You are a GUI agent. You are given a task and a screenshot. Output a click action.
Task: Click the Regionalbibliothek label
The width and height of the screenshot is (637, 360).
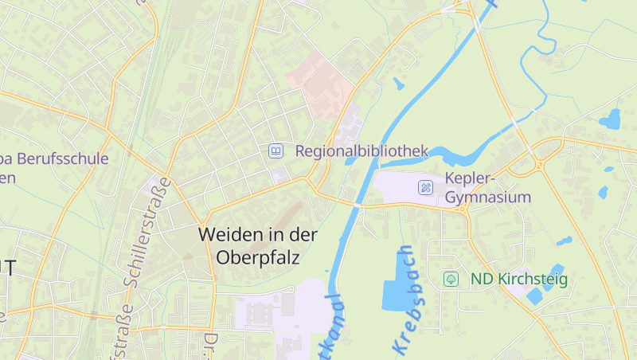[x=361, y=151]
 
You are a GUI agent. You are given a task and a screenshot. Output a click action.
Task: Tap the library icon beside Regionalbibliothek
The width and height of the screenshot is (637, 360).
[x=276, y=151]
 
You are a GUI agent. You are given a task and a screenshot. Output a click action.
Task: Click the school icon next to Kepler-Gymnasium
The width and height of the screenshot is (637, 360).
[x=426, y=188]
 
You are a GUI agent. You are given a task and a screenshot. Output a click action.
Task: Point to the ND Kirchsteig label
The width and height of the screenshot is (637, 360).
[x=518, y=279]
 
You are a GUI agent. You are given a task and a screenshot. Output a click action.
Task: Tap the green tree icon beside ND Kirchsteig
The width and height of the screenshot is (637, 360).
[x=451, y=279]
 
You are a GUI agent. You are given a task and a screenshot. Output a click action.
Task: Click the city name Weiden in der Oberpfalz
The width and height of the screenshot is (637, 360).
[x=258, y=246]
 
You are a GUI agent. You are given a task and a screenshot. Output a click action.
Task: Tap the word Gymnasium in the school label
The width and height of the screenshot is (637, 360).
[x=488, y=197]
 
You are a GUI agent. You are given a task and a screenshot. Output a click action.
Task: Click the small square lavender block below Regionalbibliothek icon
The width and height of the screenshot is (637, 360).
[x=278, y=174]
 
